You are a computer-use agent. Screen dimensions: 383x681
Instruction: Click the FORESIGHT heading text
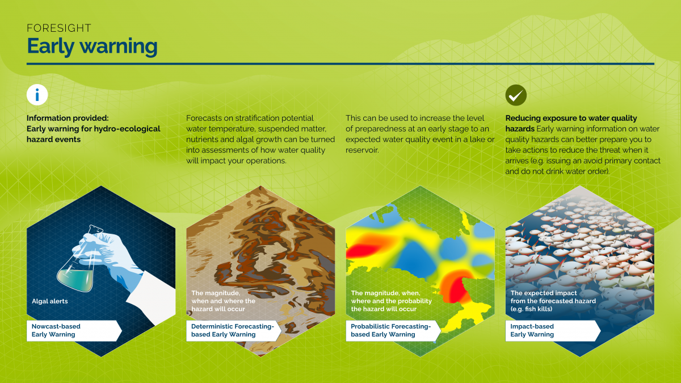59,28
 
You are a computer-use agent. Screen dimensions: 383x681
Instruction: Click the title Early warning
92,46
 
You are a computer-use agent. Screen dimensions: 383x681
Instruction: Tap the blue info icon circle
37,95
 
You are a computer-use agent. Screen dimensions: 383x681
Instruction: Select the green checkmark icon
516,95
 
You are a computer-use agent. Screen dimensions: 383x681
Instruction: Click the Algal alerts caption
50,301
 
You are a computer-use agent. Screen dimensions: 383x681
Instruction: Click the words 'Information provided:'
67,119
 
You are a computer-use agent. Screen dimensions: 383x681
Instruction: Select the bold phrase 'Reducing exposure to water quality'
571,119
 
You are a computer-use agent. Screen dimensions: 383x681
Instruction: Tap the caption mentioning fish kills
553,301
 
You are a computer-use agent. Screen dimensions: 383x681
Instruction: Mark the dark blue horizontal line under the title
340,64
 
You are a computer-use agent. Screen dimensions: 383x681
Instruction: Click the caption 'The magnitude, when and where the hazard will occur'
222,301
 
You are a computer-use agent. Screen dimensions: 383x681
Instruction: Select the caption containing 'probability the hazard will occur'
392,301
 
